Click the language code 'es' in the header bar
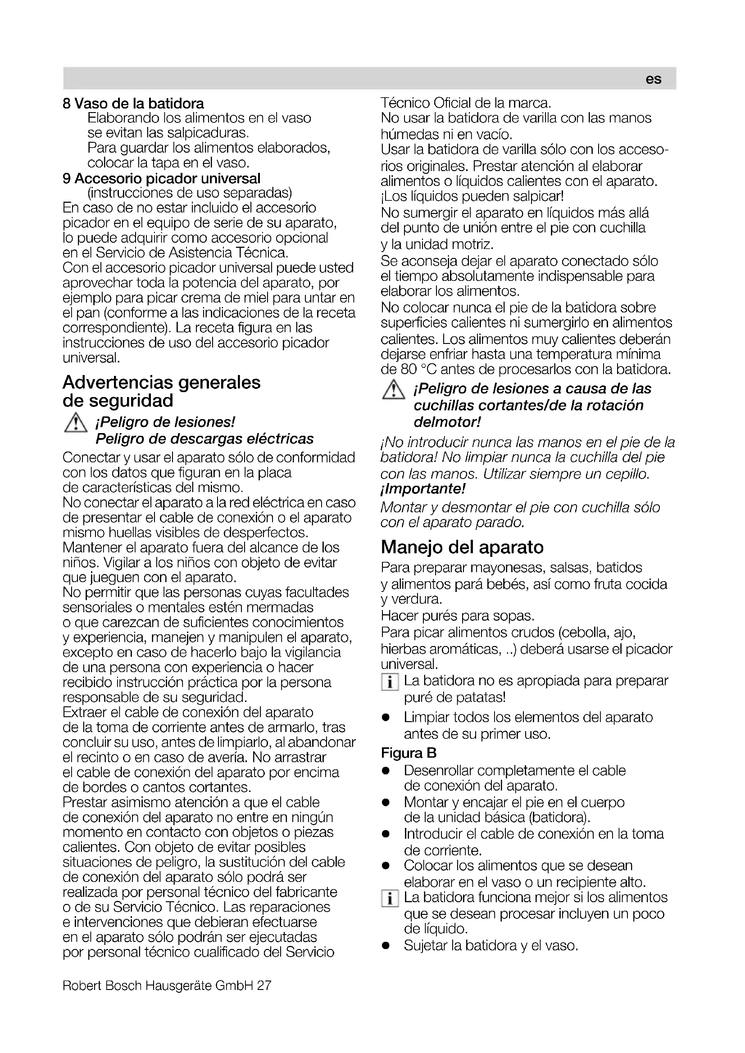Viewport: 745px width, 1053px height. [x=653, y=79]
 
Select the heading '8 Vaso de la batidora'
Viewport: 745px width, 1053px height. [x=133, y=104]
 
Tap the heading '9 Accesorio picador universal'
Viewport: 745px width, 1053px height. [x=162, y=178]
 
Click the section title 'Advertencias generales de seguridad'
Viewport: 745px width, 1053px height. [x=162, y=391]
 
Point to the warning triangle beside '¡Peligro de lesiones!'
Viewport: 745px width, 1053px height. [x=76, y=423]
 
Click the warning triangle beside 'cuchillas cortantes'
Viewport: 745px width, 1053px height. [x=393, y=390]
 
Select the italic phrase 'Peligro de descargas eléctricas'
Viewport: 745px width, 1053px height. [x=204, y=439]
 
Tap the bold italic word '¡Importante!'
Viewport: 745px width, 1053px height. [x=423, y=489]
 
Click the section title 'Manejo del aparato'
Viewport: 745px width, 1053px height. [x=462, y=547]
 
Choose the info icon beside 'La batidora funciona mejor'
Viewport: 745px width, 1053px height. [x=390, y=899]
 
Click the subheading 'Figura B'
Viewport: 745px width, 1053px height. [x=409, y=753]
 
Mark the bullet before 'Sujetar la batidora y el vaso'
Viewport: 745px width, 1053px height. [x=386, y=946]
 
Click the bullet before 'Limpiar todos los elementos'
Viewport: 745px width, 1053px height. [x=386, y=717]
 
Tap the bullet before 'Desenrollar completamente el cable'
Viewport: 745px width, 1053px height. [x=386, y=770]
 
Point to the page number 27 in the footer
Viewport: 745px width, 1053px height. [x=264, y=985]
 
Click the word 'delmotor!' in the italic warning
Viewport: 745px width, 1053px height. [x=447, y=422]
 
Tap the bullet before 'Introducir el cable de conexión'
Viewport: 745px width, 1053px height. [x=386, y=834]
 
